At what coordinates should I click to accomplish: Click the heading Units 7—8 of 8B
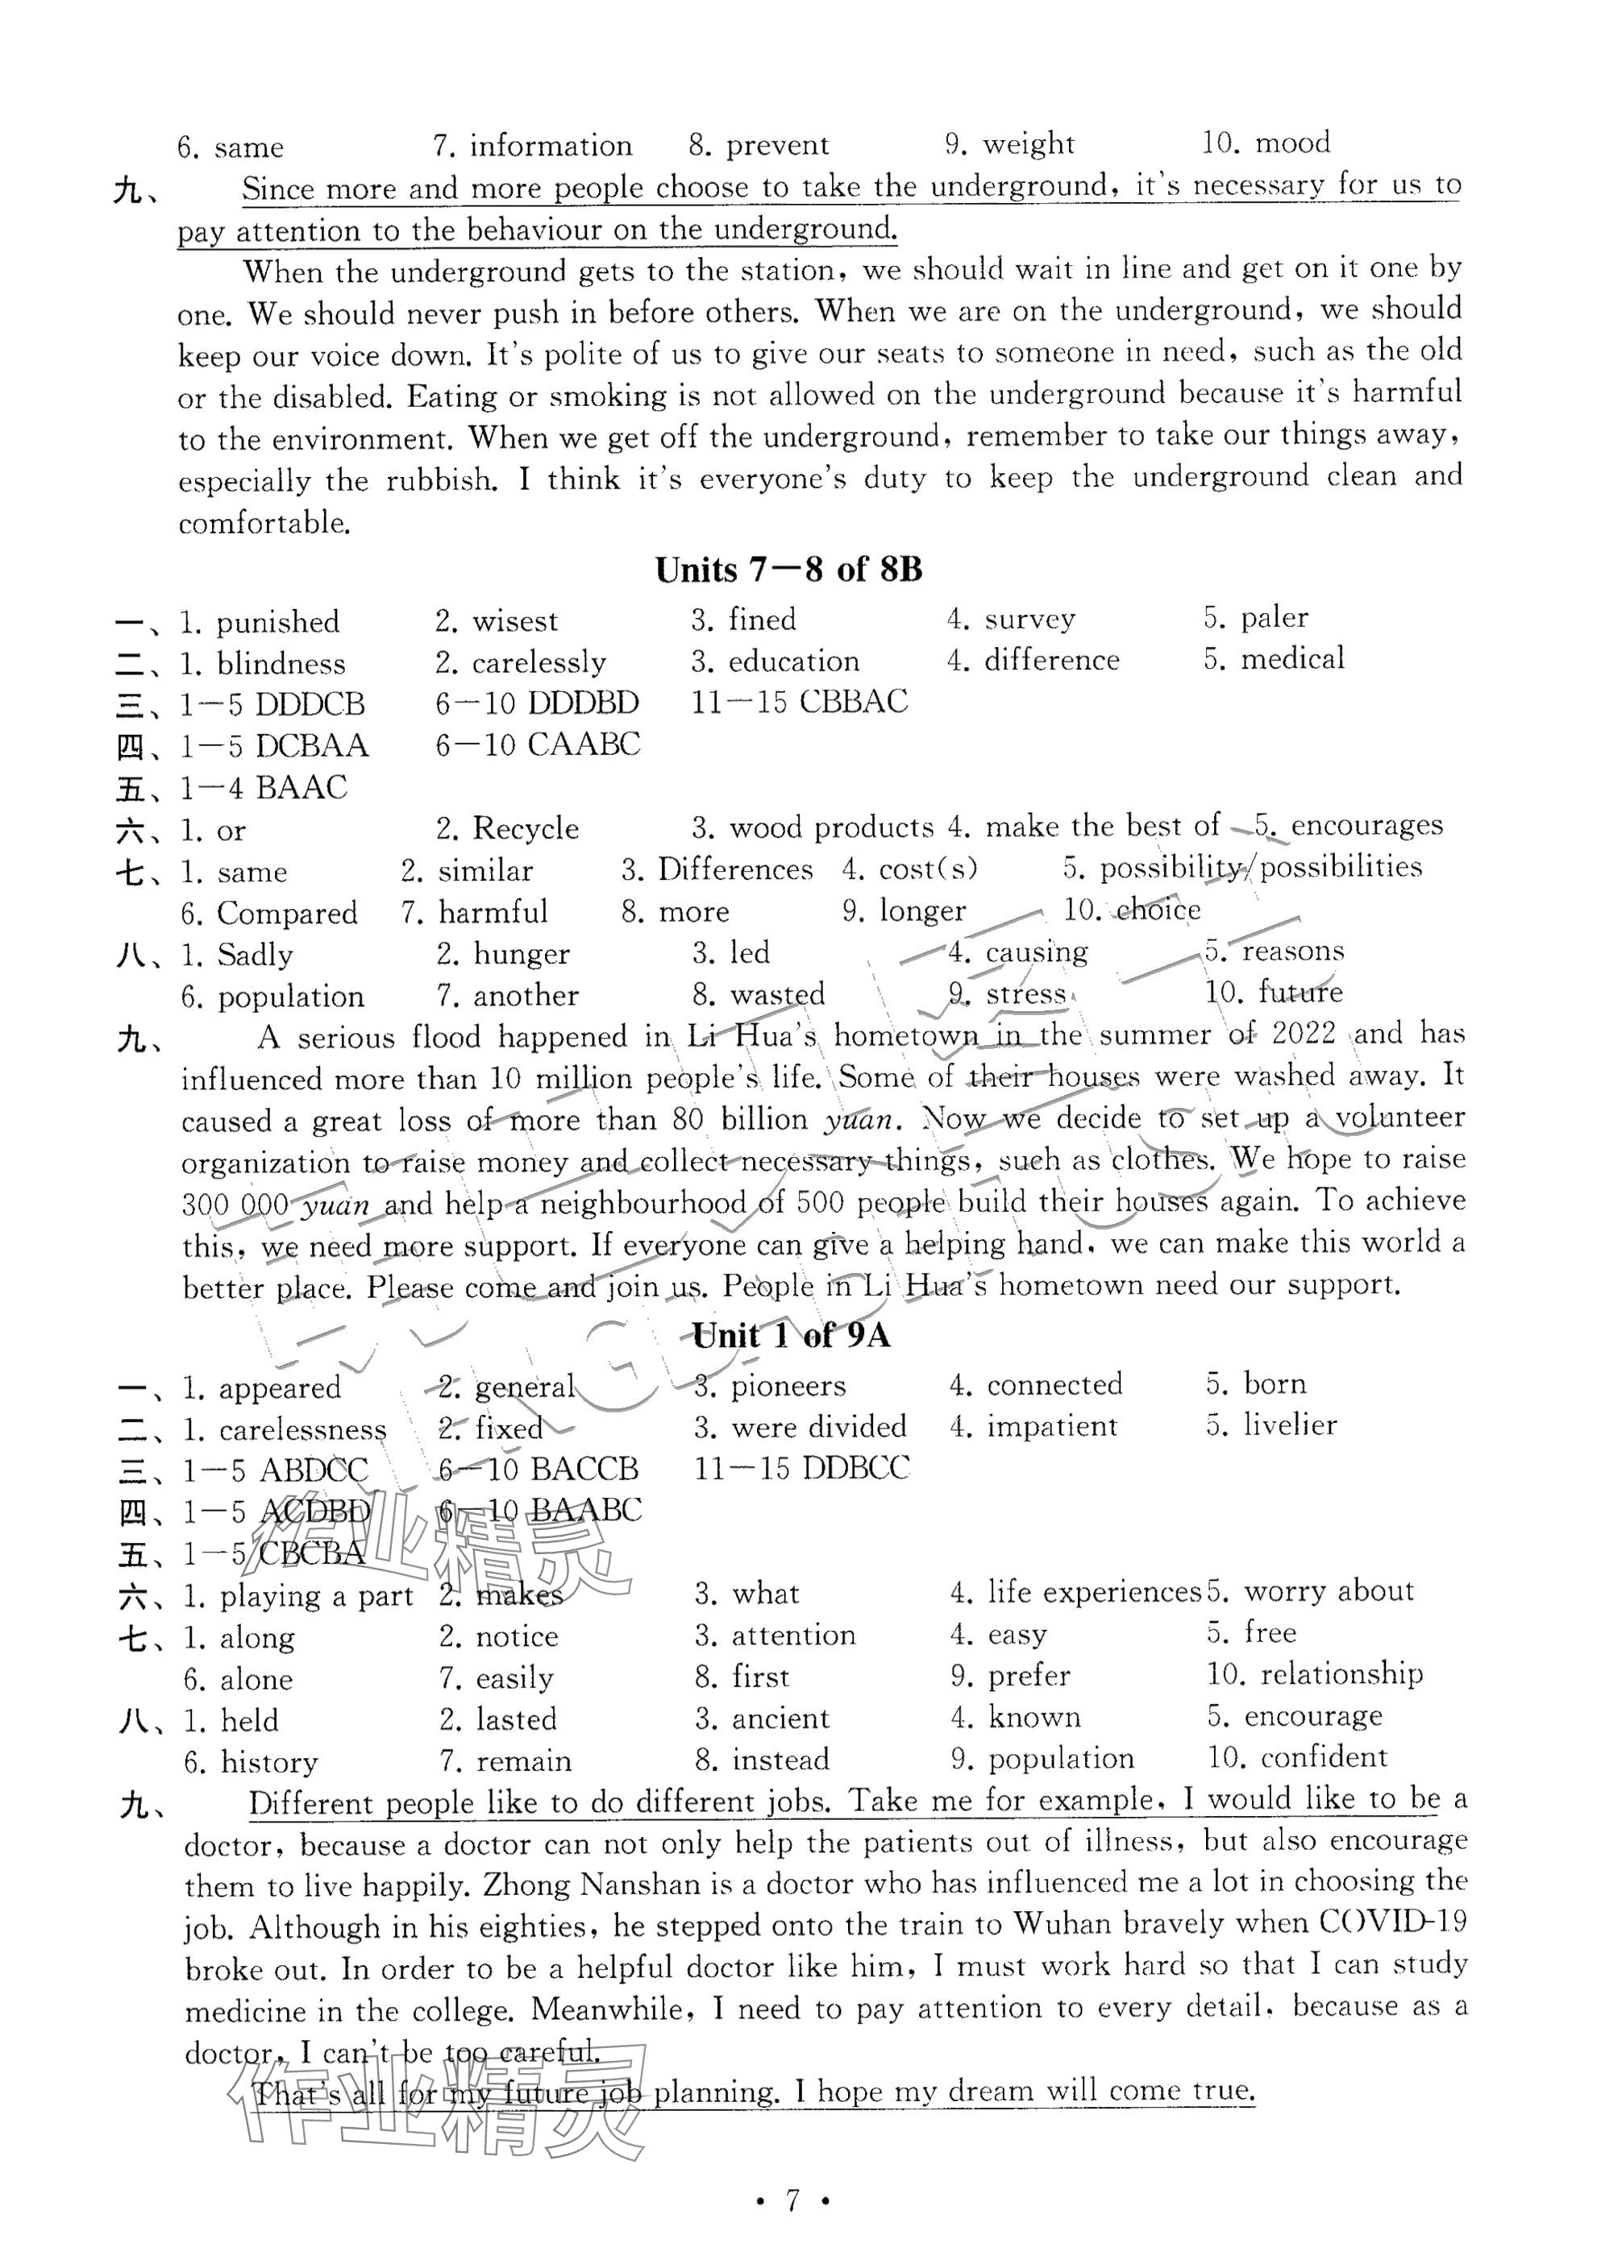click(x=788, y=569)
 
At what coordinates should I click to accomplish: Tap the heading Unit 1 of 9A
click(x=790, y=1336)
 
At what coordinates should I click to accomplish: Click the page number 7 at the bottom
click(x=791, y=2201)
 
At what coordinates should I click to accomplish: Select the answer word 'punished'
click(x=277, y=622)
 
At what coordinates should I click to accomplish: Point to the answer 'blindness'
click(x=281, y=664)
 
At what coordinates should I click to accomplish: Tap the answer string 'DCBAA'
click(x=312, y=745)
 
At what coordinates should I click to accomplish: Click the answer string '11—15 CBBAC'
click(x=799, y=702)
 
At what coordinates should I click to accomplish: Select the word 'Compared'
click(x=287, y=913)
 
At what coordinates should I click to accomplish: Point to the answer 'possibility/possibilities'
click(x=1261, y=868)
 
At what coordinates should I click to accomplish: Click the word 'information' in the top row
click(x=551, y=146)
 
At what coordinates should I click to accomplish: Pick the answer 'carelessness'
click(x=303, y=1430)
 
